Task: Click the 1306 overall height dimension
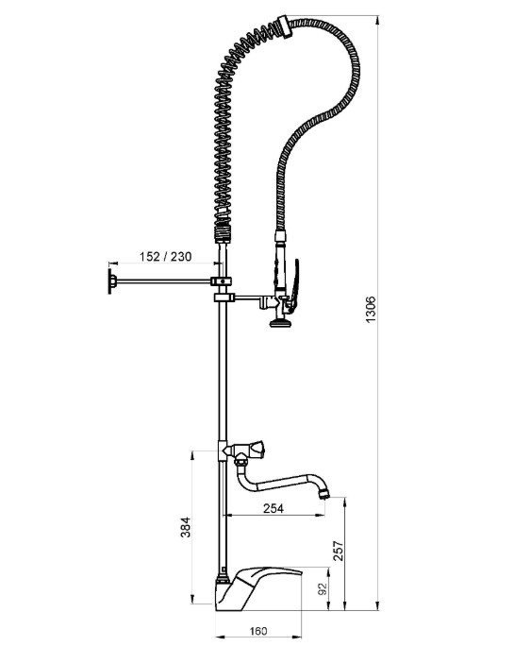pyautogui.click(x=371, y=310)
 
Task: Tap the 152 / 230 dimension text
pyautogui.click(x=165, y=256)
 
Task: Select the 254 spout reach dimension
pyautogui.click(x=274, y=508)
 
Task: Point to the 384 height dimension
pyautogui.click(x=186, y=527)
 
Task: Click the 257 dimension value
pyautogui.click(x=338, y=551)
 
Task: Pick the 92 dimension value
pyautogui.click(x=323, y=588)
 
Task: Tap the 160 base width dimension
pyautogui.click(x=258, y=630)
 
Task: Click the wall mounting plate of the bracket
pyautogui.click(x=110, y=281)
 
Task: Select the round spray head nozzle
pyautogui.click(x=280, y=323)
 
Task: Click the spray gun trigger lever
pyautogui.click(x=294, y=284)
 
